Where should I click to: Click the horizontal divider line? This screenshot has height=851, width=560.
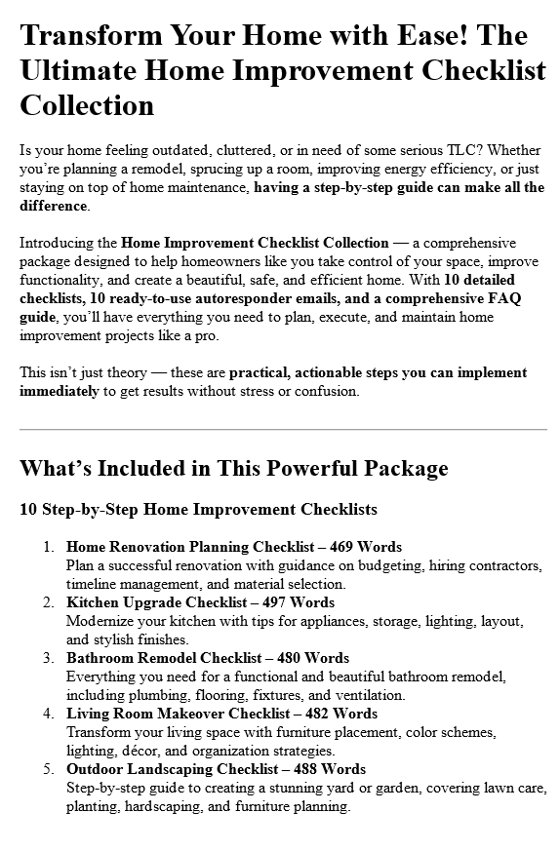[283, 429]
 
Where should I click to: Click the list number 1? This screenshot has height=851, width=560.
[49, 547]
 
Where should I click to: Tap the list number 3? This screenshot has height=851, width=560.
[49, 658]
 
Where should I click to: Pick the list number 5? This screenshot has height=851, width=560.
[49, 769]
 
